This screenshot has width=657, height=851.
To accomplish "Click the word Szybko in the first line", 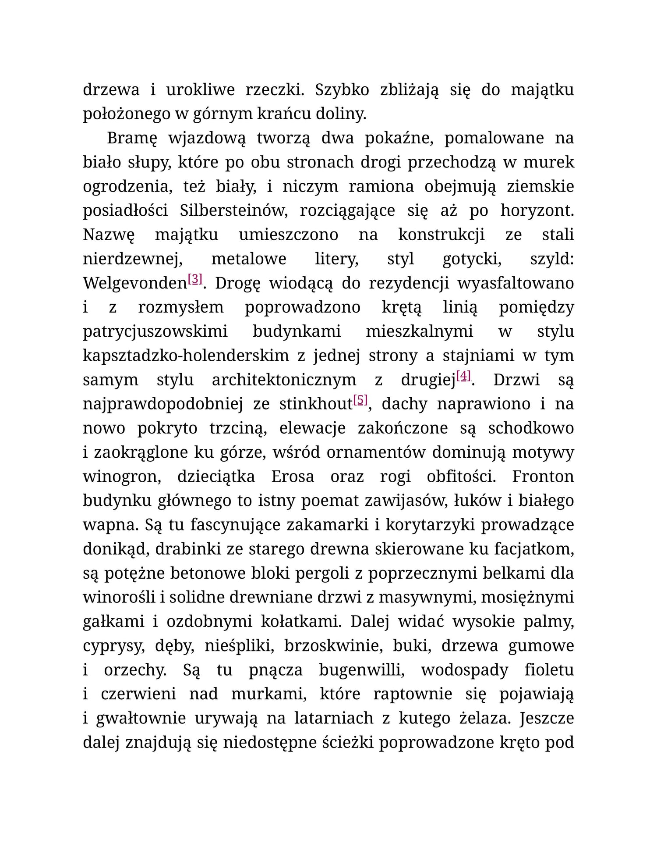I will click(342, 90).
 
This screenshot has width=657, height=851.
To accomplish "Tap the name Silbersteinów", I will click(233, 211).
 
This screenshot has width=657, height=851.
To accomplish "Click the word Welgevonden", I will click(134, 284).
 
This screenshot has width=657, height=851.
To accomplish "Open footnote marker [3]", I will click(195, 279).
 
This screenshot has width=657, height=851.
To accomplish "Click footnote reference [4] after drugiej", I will click(463, 376).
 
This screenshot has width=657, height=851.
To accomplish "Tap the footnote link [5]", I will click(360, 400).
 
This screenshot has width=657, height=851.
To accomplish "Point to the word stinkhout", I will click(315, 404).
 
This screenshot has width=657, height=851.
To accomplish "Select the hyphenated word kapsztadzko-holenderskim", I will click(186, 356).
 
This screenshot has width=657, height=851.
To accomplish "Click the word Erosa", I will click(293, 477).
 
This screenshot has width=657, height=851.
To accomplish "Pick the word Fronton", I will click(543, 477).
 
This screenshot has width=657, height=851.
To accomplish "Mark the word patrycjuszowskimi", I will click(155, 332).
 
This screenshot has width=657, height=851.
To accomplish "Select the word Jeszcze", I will click(546, 719).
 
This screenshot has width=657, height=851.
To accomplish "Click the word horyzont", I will click(537, 211).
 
